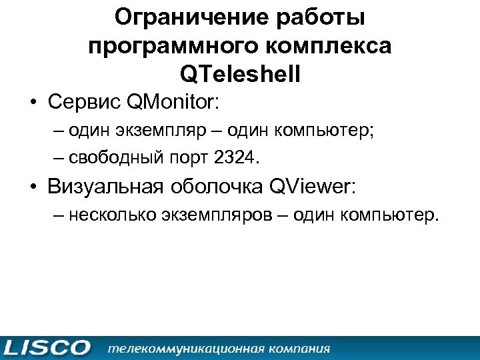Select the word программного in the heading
tap(167, 47)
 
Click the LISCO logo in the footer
tap(47, 348)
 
